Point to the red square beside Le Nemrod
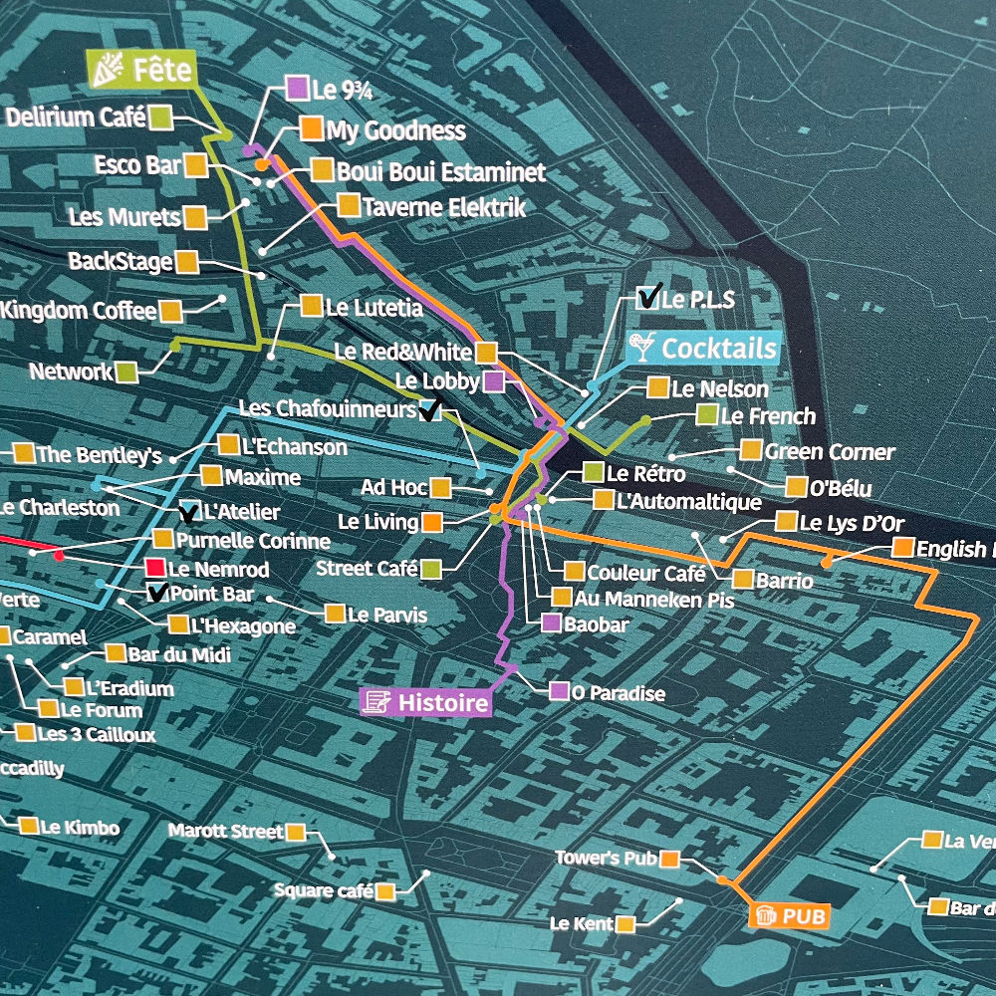click(x=154, y=569)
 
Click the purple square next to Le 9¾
click(x=296, y=88)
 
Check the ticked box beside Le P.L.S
click(x=648, y=297)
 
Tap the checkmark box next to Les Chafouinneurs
click(x=430, y=409)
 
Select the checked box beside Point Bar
click(x=157, y=595)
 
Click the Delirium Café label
click(x=77, y=118)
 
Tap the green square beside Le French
click(x=707, y=415)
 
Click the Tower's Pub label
click(x=603, y=858)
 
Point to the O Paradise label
click(x=618, y=692)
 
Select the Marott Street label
click(x=226, y=831)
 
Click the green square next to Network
click(x=126, y=373)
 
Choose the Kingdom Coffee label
click(x=79, y=311)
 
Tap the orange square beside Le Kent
click(x=625, y=923)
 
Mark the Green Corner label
click(x=829, y=452)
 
